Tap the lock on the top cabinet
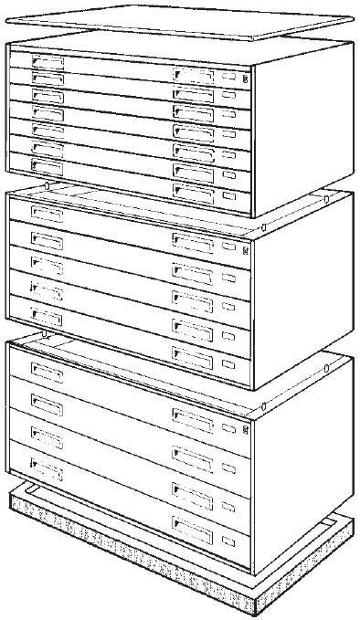point(245,79)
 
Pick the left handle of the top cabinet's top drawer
point(48,61)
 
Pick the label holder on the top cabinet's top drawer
point(228,79)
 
